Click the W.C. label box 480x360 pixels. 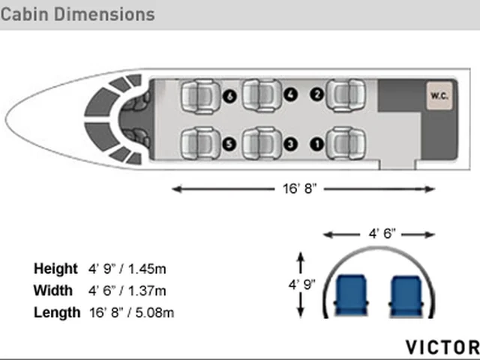[439, 96]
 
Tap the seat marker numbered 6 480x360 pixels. [229, 97]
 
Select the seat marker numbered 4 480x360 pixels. [290, 94]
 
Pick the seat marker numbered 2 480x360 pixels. [316, 94]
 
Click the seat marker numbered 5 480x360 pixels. [229, 144]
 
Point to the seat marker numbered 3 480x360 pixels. [290, 144]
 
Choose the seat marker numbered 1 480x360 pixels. [316, 144]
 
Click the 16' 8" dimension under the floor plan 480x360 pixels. [299, 189]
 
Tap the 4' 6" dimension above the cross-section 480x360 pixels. [382, 234]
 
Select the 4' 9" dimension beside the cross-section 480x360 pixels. [301, 285]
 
